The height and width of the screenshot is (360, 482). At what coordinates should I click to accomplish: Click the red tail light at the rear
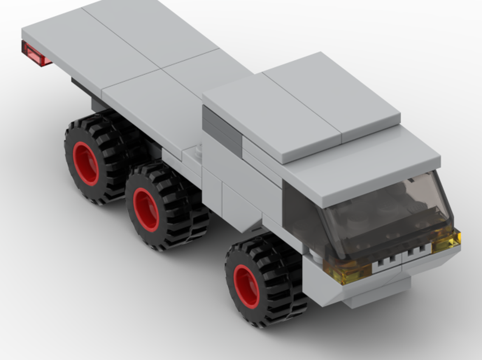(35, 54)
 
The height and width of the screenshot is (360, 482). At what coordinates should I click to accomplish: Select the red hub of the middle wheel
(146, 210)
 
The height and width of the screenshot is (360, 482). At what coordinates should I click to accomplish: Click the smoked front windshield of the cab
(386, 212)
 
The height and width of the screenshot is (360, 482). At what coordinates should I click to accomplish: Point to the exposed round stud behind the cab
(198, 153)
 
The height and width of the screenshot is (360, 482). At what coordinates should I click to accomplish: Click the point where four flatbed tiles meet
(161, 68)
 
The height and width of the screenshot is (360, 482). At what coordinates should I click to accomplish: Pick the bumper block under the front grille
(376, 294)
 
